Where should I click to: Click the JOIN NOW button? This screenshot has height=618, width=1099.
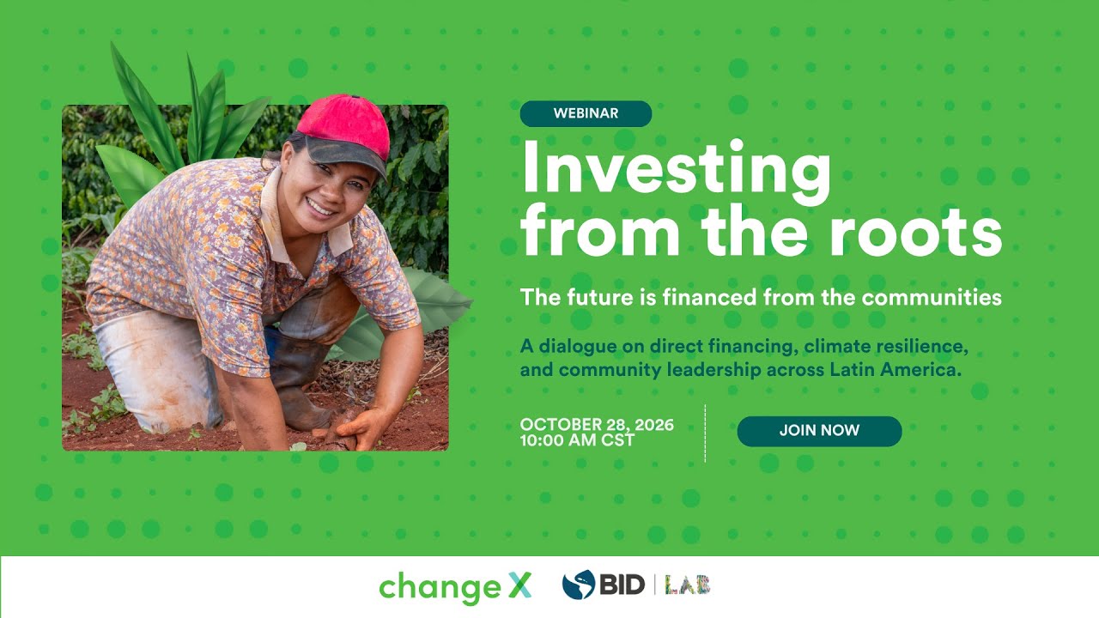point(819,431)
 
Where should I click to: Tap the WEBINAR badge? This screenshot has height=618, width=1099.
point(586,113)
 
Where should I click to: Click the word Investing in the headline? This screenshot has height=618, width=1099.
point(676,169)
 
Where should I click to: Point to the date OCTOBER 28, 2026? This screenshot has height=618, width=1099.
point(597,425)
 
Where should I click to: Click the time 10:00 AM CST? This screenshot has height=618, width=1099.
point(577,441)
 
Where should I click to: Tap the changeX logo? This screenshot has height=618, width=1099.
point(455,587)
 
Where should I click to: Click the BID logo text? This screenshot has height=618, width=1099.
point(622,585)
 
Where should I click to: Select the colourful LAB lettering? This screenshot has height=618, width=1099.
point(688,585)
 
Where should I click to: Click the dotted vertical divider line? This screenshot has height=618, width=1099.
point(705,433)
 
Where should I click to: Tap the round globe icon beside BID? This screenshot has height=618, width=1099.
point(578,585)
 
